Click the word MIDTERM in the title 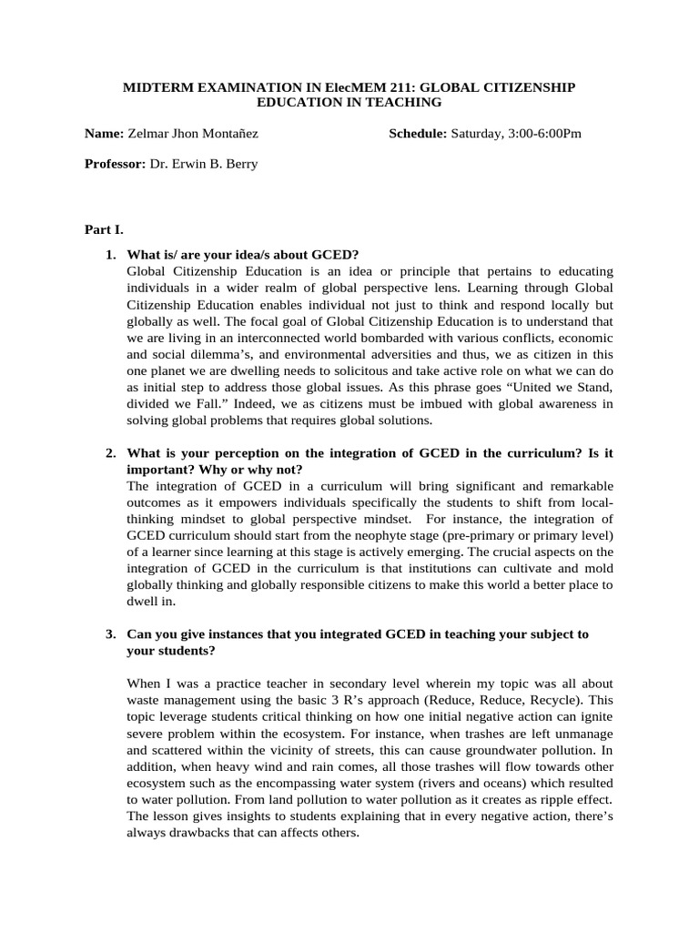click(157, 86)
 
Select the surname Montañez click(228, 134)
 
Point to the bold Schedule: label click(418, 134)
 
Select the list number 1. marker click(110, 254)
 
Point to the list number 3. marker click(110, 633)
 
